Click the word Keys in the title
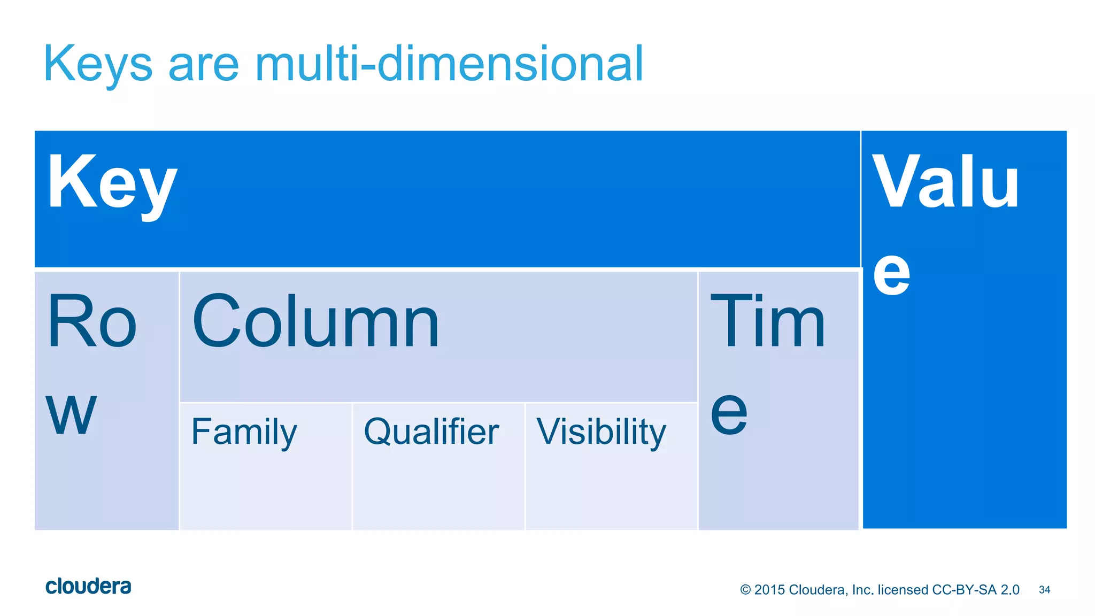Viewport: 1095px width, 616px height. tap(98, 64)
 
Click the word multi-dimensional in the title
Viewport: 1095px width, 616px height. tap(449, 64)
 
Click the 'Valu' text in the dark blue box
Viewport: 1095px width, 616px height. tap(945, 182)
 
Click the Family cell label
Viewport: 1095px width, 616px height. tap(244, 432)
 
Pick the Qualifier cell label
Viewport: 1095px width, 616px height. tap(431, 432)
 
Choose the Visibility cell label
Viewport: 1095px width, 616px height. tap(602, 432)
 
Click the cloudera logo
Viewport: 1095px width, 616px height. tap(88, 587)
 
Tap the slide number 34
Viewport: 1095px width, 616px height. tap(1044, 590)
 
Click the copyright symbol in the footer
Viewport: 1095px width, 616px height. tap(745, 590)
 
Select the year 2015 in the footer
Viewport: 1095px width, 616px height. tap(769, 590)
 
